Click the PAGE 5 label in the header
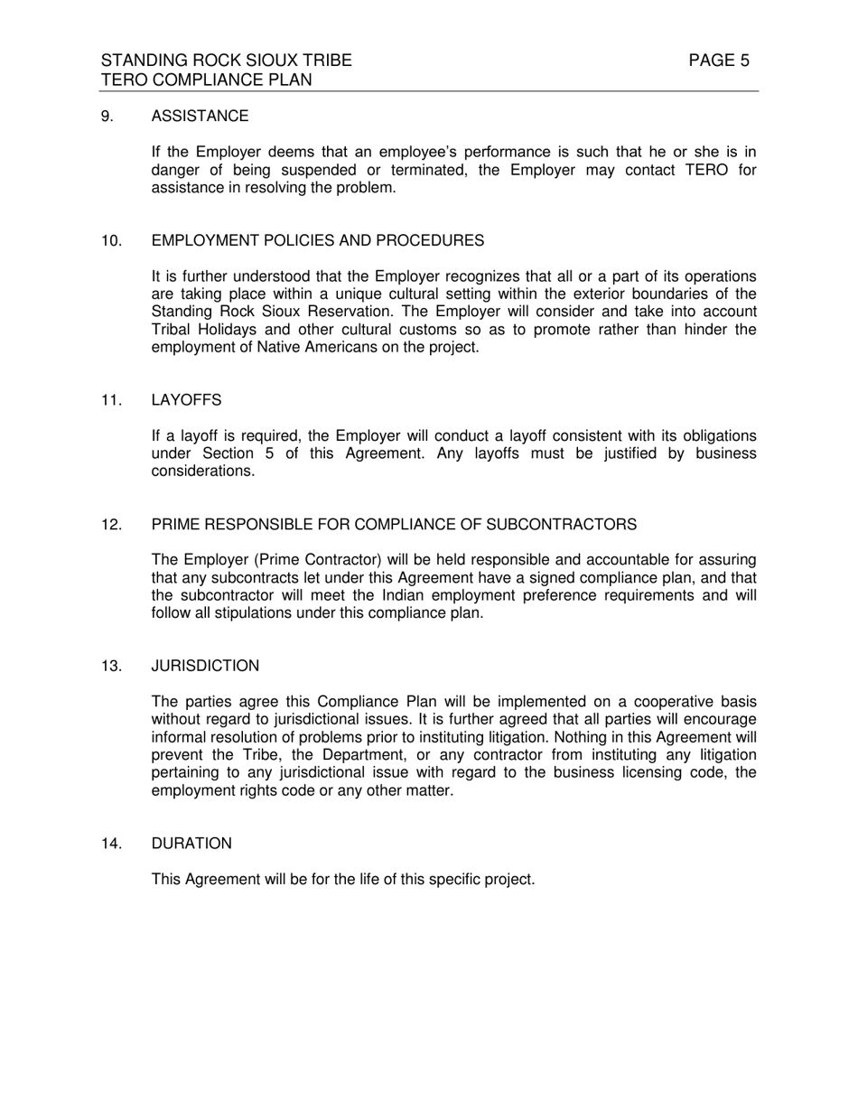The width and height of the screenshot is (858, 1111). pyautogui.click(x=718, y=61)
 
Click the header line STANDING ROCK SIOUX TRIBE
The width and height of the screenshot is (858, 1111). pyautogui.click(x=226, y=61)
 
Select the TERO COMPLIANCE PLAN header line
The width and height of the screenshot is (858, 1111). pyautogui.click(x=207, y=80)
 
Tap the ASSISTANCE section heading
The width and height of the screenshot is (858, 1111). pyautogui.click(x=200, y=117)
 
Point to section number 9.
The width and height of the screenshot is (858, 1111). pyautogui.click(x=107, y=117)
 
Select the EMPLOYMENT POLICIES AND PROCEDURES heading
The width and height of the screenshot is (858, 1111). pyautogui.click(x=317, y=241)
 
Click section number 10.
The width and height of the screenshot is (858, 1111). pyautogui.click(x=111, y=241)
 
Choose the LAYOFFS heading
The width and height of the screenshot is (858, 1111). pyautogui.click(x=186, y=400)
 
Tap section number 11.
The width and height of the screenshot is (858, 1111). pyautogui.click(x=111, y=400)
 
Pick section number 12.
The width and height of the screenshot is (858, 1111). pyautogui.click(x=111, y=525)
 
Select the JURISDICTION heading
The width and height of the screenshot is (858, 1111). pyautogui.click(x=205, y=667)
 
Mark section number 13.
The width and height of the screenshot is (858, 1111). pyautogui.click(x=111, y=667)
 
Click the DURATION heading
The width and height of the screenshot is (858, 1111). pyautogui.click(x=191, y=844)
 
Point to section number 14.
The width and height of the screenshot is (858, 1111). pyautogui.click(x=111, y=844)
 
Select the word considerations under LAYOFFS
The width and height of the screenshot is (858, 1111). pyautogui.click(x=203, y=471)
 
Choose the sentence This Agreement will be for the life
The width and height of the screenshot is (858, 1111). pyautogui.click(x=343, y=880)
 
